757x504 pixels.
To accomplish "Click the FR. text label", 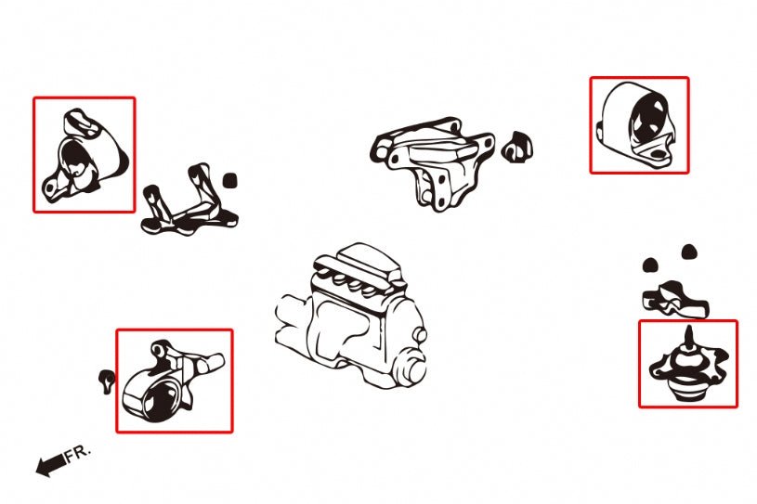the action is [x=78, y=453].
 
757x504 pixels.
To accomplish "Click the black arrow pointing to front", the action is [x=51, y=465].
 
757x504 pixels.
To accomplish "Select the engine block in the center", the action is [x=351, y=317].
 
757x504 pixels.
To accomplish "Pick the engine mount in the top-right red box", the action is [x=636, y=125].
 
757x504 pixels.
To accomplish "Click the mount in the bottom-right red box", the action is [x=688, y=367].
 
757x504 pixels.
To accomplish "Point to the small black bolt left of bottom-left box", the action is [x=107, y=381].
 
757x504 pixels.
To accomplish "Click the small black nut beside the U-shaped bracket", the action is [x=230, y=181].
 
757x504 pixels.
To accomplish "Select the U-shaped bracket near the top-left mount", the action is [x=189, y=202].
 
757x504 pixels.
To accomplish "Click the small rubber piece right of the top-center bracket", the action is [x=517, y=147].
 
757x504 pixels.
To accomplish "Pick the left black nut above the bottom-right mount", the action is [x=650, y=265].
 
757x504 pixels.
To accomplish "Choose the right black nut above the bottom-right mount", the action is [x=689, y=252].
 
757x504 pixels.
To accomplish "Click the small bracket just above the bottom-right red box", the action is [x=675, y=300].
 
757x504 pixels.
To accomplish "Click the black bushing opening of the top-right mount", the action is [x=648, y=118].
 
